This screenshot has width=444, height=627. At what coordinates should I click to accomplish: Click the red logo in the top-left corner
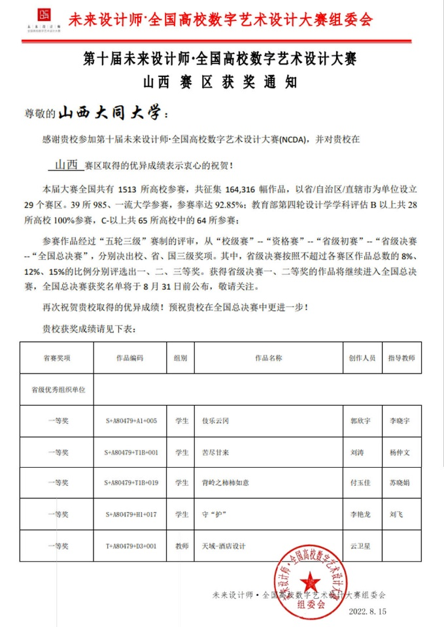coord(45,17)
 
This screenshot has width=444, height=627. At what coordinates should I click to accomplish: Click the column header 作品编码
coord(129,359)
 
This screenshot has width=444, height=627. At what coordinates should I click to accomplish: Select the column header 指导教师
coord(401,359)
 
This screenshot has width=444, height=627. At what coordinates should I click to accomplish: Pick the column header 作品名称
coord(268,359)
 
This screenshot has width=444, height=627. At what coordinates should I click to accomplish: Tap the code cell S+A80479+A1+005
coord(131,421)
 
